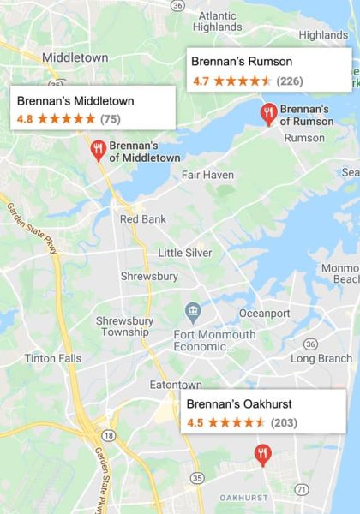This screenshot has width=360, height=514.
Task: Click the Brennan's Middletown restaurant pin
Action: (98, 151)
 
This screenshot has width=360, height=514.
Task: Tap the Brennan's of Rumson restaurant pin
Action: (268, 114)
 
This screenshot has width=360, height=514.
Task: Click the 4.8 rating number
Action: (25, 118)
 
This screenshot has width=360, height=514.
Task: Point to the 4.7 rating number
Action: (201, 81)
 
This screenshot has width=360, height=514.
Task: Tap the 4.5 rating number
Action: (195, 422)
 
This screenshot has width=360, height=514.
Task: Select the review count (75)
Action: (111, 118)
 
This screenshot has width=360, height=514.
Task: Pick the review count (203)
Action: (284, 422)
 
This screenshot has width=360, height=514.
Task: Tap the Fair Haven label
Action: (207, 175)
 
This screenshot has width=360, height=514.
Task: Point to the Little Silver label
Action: (184, 253)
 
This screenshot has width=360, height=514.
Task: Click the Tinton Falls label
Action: (53, 358)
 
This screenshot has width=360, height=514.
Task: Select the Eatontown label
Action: (175, 384)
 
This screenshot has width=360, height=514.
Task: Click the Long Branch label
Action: (321, 358)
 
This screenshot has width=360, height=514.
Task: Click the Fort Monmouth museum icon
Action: (193, 310)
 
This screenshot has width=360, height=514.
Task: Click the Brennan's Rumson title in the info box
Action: (242, 62)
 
